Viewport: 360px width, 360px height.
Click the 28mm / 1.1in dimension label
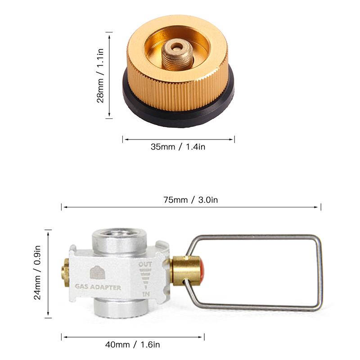point(102,75)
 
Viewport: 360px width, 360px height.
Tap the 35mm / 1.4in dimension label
point(178,147)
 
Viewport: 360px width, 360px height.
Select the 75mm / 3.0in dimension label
point(191,200)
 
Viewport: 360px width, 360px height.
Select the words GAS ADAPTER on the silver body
point(98,287)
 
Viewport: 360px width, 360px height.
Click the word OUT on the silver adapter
point(145,264)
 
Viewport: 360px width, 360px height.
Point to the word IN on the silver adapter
point(146,293)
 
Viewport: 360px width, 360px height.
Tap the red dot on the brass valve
point(202,270)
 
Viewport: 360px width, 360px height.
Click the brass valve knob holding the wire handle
point(185,270)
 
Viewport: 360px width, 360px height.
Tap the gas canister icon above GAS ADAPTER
point(97,272)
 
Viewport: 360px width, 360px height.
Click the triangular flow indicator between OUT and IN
point(146,279)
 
